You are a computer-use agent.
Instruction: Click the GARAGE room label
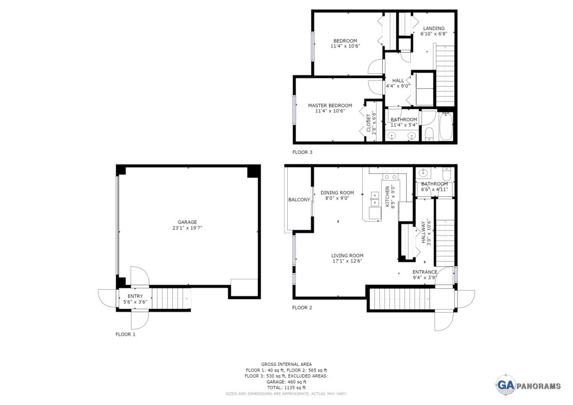[187, 222]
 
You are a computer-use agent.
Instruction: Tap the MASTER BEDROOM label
[330, 106]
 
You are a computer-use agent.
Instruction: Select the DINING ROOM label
[337, 193]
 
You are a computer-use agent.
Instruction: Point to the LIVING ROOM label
[347, 256]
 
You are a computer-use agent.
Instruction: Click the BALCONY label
[299, 200]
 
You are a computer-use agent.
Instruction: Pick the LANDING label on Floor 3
[434, 29]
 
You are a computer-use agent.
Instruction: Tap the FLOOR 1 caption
[125, 334]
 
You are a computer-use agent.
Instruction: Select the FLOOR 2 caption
[302, 308]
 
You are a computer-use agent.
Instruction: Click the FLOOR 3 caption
[302, 152]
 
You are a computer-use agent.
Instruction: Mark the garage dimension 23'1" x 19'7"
[187, 228]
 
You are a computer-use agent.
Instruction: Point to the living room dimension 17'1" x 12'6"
[347, 261]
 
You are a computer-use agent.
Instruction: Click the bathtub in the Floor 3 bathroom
[446, 126]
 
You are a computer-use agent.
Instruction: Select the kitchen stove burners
[389, 174]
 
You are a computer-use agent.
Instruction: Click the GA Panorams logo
[528, 385]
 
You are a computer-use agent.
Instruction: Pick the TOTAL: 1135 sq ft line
[286, 388]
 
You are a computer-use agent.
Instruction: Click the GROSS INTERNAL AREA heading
[286, 364]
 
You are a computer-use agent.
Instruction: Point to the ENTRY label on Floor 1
[135, 296]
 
